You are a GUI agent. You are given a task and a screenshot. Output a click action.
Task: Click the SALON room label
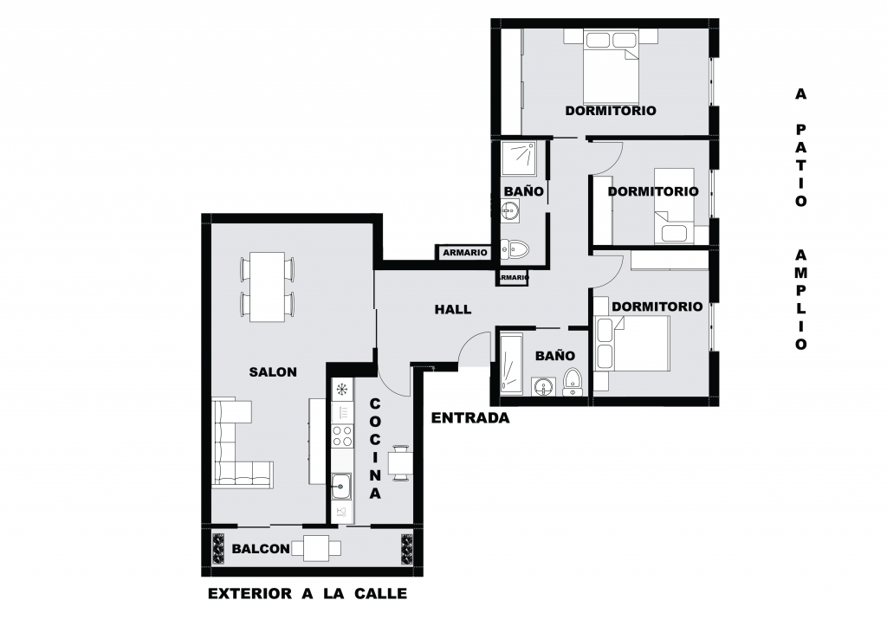(273, 372)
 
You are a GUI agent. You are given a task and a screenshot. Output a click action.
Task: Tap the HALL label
(452, 309)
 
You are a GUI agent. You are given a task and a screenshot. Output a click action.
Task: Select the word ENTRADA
(470, 418)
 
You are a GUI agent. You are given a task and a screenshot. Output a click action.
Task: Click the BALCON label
(261, 549)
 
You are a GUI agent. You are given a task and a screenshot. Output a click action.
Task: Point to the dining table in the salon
(268, 287)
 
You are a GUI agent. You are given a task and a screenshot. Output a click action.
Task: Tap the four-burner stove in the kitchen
(341, 436)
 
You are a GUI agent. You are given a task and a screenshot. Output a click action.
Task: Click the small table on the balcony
(316, 548)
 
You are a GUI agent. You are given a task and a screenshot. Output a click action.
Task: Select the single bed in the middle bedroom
(674, 206)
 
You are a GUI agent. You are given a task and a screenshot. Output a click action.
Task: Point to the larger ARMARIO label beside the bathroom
(465, 253)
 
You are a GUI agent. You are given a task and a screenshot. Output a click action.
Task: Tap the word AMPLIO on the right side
(801, 300)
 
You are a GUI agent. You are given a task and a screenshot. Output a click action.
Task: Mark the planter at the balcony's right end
(408, 549)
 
